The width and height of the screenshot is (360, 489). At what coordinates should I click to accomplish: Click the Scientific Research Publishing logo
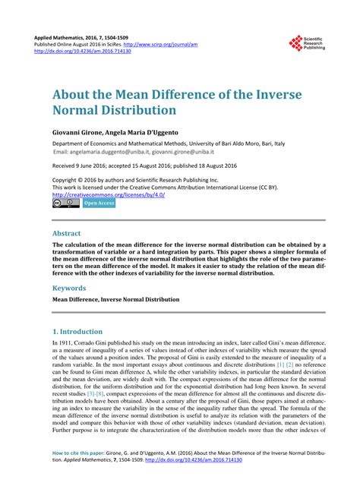pyautogui.click(x=308, y=43)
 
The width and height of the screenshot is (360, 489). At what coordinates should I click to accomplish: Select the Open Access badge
pyautogui.click(x=99, y=203)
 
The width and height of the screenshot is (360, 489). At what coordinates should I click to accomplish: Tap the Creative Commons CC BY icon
pyautogui.click(x=65, y=203)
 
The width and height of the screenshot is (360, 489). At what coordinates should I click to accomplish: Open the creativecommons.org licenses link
pyautogui.click(x=108, y=194)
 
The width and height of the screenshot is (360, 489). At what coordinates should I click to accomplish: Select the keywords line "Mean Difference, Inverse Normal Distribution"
pyautogui.click(x=115, y=300)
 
